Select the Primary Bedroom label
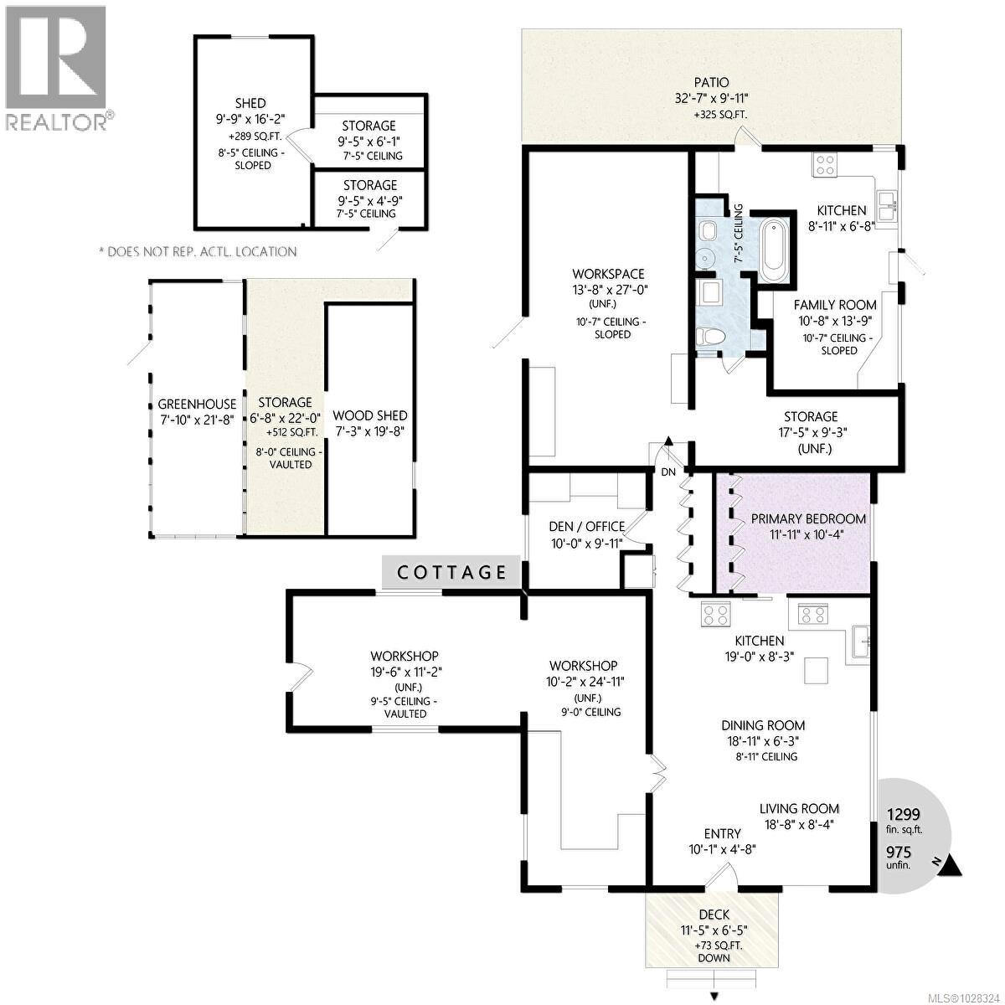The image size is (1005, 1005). pos(808,518)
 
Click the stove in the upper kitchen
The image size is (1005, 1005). pos(823,164)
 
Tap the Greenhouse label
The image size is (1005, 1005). pos(197,404)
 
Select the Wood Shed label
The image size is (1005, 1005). pos(369,415)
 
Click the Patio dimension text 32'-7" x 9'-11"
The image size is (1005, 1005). pos(711,98)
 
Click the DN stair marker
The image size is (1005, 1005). pos(668,472)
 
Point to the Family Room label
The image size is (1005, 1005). pos(834,305)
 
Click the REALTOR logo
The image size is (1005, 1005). pos(56,68)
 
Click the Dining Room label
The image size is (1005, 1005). pos(763,725)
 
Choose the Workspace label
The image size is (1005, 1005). pos(608,274)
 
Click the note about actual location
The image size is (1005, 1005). pos(198,251)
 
